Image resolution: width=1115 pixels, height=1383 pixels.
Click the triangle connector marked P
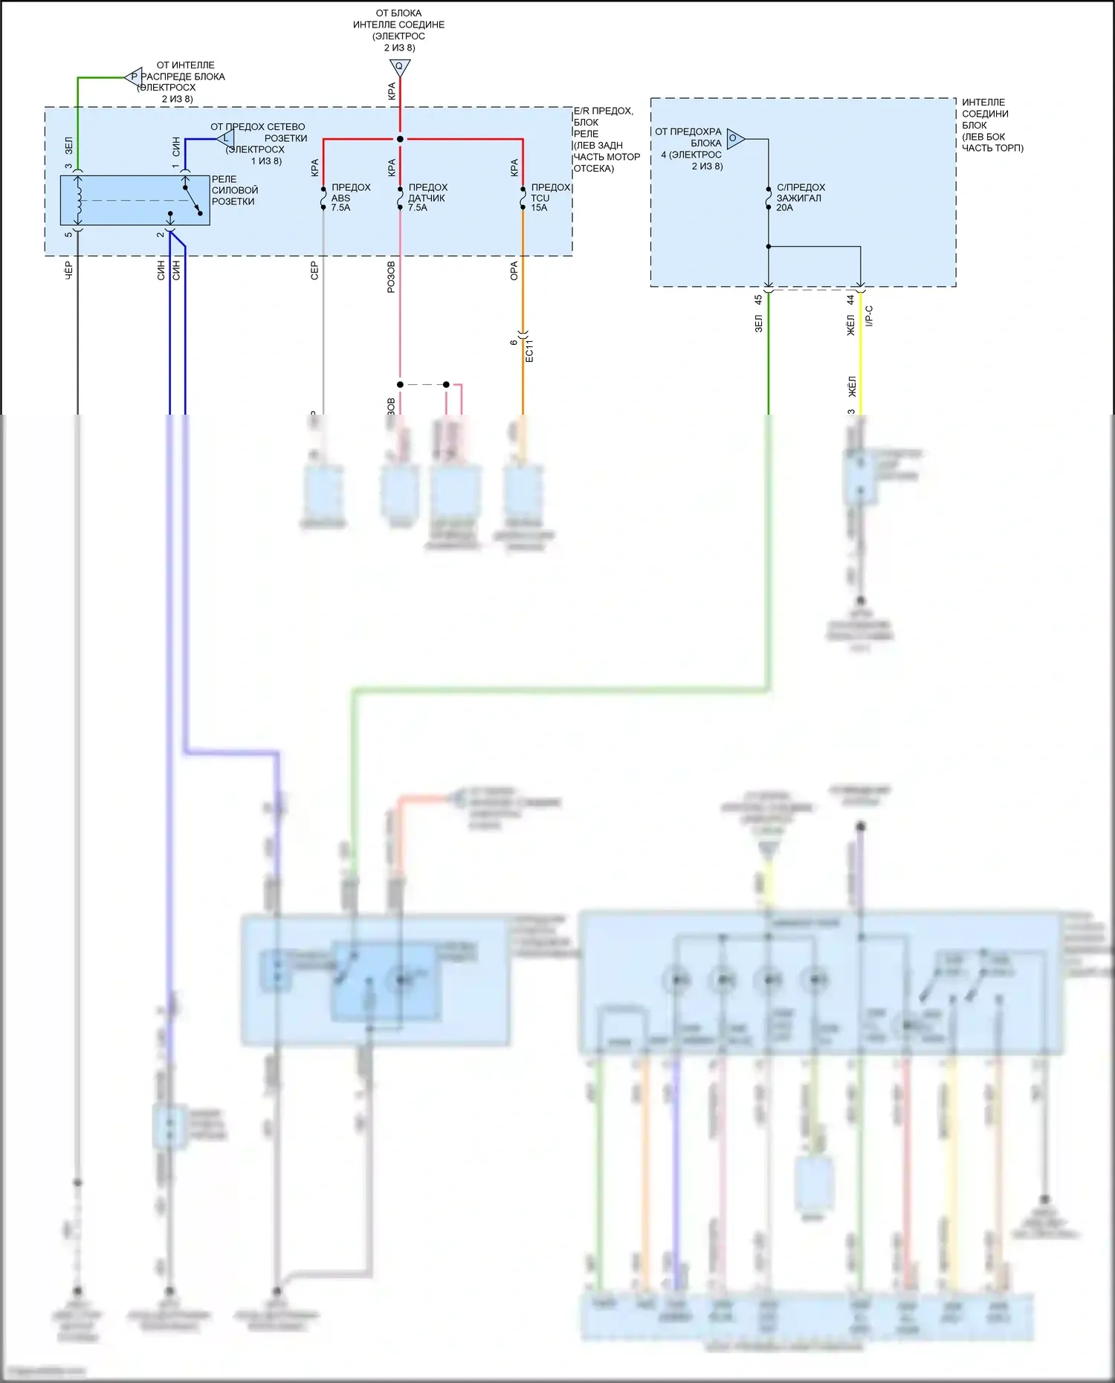pyautogui.click(x=134, y=77)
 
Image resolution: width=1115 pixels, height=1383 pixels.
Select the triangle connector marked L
pyautogui.click(x=225, y=138)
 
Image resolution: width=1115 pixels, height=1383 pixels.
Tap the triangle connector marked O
pyautogui.click(x=734, y=138)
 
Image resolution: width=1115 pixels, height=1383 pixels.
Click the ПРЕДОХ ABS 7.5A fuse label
pyautogui.click(x=350, y=198)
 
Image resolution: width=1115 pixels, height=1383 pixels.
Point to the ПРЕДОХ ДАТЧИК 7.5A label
pyautogui.click(x=427, y=198)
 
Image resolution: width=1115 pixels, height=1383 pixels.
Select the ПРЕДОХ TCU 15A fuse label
pyautogui.click(x=550, y=198)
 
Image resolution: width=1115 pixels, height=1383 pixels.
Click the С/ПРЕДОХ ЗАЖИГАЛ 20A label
pyautogui.click(x=800, y=198)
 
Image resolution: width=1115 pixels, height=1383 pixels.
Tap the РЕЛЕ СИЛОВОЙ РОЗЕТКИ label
pyautogui.click(x=235, y=190)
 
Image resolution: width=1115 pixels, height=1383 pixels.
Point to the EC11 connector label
pyautogui.click(x=529, y=351)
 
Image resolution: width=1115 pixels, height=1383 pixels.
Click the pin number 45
pyautogui.click(x=758, y=300)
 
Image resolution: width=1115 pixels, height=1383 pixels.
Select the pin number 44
pyautogui.click(x=850, y=300)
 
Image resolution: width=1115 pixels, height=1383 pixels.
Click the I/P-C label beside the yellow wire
pyautogui.click(x=869, y=316)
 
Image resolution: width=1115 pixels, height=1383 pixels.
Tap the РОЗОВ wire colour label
pyautogui.click(x=391, y=277)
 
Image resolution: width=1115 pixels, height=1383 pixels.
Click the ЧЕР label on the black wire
pyautogui.click(x=68, y=271)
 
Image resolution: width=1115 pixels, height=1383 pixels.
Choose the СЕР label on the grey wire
pyautogui.click(x=314, y=271)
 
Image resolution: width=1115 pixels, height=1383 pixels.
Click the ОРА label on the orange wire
pyautogui.click(x=514, y=271)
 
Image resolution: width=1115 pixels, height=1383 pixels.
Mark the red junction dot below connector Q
pyautogui.click(x=400, y=139)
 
